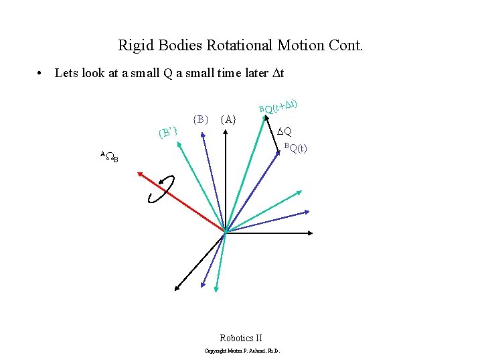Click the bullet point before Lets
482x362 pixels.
[42, 73]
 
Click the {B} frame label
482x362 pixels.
[201, 119]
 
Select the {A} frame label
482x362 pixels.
[228, 119]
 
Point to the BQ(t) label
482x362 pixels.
[295, 148]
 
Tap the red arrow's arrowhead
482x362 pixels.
[140, 174]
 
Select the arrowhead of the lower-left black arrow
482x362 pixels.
[177, 288]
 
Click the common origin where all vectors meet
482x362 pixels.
[226, 233]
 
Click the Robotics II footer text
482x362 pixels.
[241, 338]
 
